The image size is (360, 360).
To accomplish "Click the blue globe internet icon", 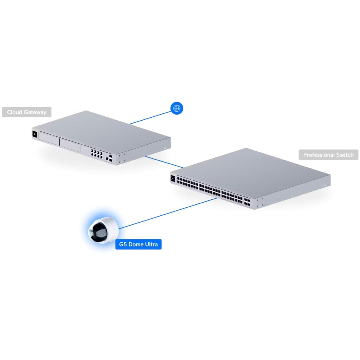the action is point(176,108).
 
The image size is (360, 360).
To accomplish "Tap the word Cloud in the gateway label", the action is point(15,112).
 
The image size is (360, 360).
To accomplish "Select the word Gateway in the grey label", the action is point(35,112).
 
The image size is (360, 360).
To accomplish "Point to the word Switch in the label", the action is point(345,155).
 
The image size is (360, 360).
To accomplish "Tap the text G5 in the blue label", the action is point(123,244).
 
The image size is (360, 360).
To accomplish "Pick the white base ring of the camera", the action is point(112,224).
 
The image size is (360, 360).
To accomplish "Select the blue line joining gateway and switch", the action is point(164,162).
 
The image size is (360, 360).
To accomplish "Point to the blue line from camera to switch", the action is point(168,214).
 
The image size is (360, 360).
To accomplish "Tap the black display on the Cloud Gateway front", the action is point(34,133).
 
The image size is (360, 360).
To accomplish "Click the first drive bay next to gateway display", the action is point(49,138).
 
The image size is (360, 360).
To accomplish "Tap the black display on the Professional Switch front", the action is point(172,178).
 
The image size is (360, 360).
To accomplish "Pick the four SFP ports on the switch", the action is point(247,202).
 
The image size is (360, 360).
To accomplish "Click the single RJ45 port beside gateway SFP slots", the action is point(107,159).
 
